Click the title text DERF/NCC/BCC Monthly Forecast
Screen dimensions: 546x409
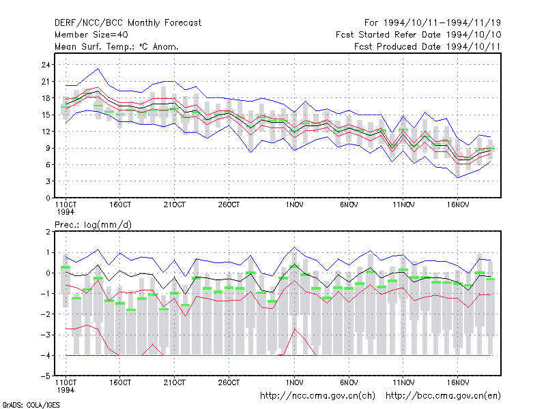pyautogui.click(x=128, y=23)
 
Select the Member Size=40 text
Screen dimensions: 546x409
pyautogui.click(x=91, y=35)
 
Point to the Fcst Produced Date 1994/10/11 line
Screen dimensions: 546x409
pyautogui.click(x=427, y=46)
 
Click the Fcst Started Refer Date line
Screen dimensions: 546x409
pyautogui.click(x=418, y=35)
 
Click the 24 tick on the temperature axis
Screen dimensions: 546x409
pyautogui.click(x=46, y=65)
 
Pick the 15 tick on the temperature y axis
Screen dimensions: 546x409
pyautogui.click(x=46, y=115)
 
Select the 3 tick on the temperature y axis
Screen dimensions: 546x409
pyautogui.click(x=48, y=181)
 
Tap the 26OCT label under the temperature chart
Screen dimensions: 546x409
pyautogui.click(x=229, y=205)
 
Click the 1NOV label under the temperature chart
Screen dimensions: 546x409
pyautogui.click(x=294, y=205)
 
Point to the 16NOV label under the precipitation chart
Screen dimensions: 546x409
pyautogui.click(x=457, y=382)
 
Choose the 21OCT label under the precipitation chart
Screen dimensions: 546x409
pyautogui.click(x=175, y=382)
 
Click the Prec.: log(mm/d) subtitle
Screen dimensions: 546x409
pyautogui.click(x=93, y=225)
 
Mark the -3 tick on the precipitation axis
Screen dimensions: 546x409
pyautogui.click(x=46, y=335)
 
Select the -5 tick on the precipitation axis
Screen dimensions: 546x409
pyautogui.click(x=46, y=376)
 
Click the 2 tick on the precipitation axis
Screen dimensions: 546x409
pyautogui.click(x=48, y=232)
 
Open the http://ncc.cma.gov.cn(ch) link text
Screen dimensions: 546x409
pyautogui.click(x=317, y=396)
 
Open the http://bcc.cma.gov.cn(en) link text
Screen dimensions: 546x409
pyautogui.click(x=443, y=396)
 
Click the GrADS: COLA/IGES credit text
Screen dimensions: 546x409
pyautogui.click(x=31, y=405)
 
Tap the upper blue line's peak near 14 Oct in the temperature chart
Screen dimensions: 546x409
pyautogui.click(x=98, y=69)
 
